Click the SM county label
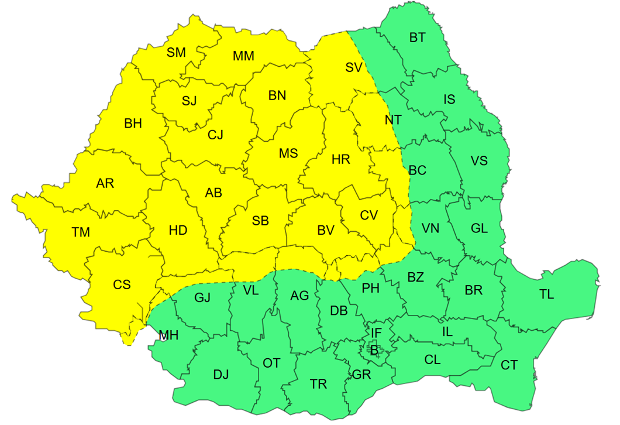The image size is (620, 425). click(x=176, y=53)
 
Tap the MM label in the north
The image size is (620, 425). click(x=243, y=56)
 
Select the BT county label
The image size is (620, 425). click(x=418, y=38)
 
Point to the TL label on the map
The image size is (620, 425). click(x=546, y=294)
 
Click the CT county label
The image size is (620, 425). click(x=509, y=365)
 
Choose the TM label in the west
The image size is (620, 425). click(x=81, y=232)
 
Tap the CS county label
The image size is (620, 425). click(x=122, y=285)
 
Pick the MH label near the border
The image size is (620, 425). click(x=169, y=335)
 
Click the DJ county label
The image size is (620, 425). click(x=221, y=375)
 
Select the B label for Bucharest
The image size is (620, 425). click(x=374, y=350)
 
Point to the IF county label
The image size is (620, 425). click(x=377, y=333)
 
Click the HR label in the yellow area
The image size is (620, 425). click(x=341, y=159)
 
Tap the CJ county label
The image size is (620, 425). click(x=215, y=135)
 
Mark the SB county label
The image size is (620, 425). click(x=260, y=221)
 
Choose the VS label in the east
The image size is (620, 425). click(x=479, y=160)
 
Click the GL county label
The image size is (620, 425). click(x=479, y=228)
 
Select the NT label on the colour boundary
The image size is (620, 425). click(x=393, y=120)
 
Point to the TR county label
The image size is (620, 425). click(x=318, y=384)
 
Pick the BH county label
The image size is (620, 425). click(x=133, y=124)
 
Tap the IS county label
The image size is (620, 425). click(x=449, y=100)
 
